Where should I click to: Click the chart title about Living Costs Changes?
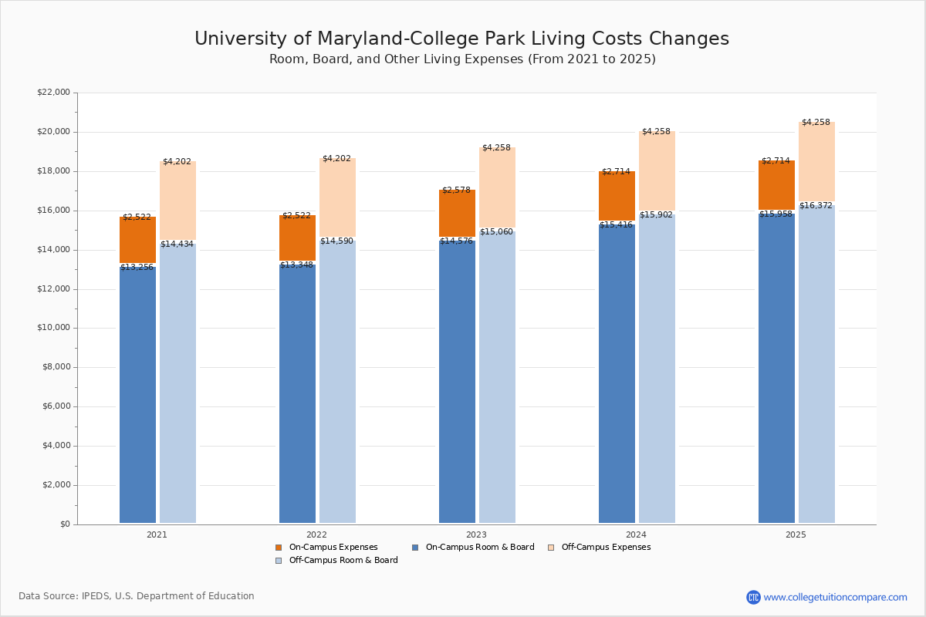pos(461,39)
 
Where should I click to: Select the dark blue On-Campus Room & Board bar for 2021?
pos(137,393)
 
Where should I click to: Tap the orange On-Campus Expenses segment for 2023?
pos(457,214)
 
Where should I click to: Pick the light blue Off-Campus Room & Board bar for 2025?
pos(816,362)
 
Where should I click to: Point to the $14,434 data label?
pos(177,244)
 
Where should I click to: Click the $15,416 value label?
pos(616,225)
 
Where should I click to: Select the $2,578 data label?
pos(456,190)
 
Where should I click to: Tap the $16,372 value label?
pos(816,206)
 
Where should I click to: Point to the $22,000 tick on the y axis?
pos(53,93)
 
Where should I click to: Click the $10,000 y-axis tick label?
pos(53,328)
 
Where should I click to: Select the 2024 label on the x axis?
pos(636,534)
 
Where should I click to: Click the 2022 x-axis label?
pos(316,534)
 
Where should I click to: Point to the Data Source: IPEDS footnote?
pos(137,596)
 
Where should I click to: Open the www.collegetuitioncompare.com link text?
pos(835,597)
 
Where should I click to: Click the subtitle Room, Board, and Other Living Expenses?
pos(462,59)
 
